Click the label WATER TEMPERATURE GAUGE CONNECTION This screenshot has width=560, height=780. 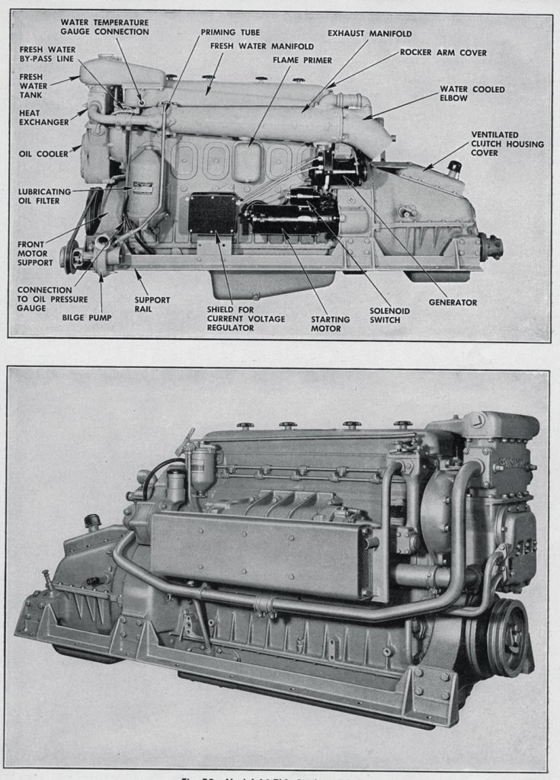(x=104, y=27)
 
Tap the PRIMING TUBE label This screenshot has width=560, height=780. (x=230, y=33)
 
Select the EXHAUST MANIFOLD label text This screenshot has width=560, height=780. (x=370, y=34)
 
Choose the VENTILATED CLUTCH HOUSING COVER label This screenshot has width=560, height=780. (x=507, y=143)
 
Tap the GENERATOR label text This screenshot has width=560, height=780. (x=452, y=302)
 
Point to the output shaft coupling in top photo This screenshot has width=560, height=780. (x=491, y=247)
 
